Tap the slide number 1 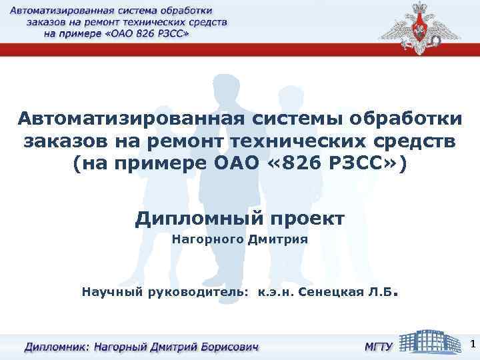472,345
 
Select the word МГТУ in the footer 377,347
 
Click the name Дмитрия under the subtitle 277,238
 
